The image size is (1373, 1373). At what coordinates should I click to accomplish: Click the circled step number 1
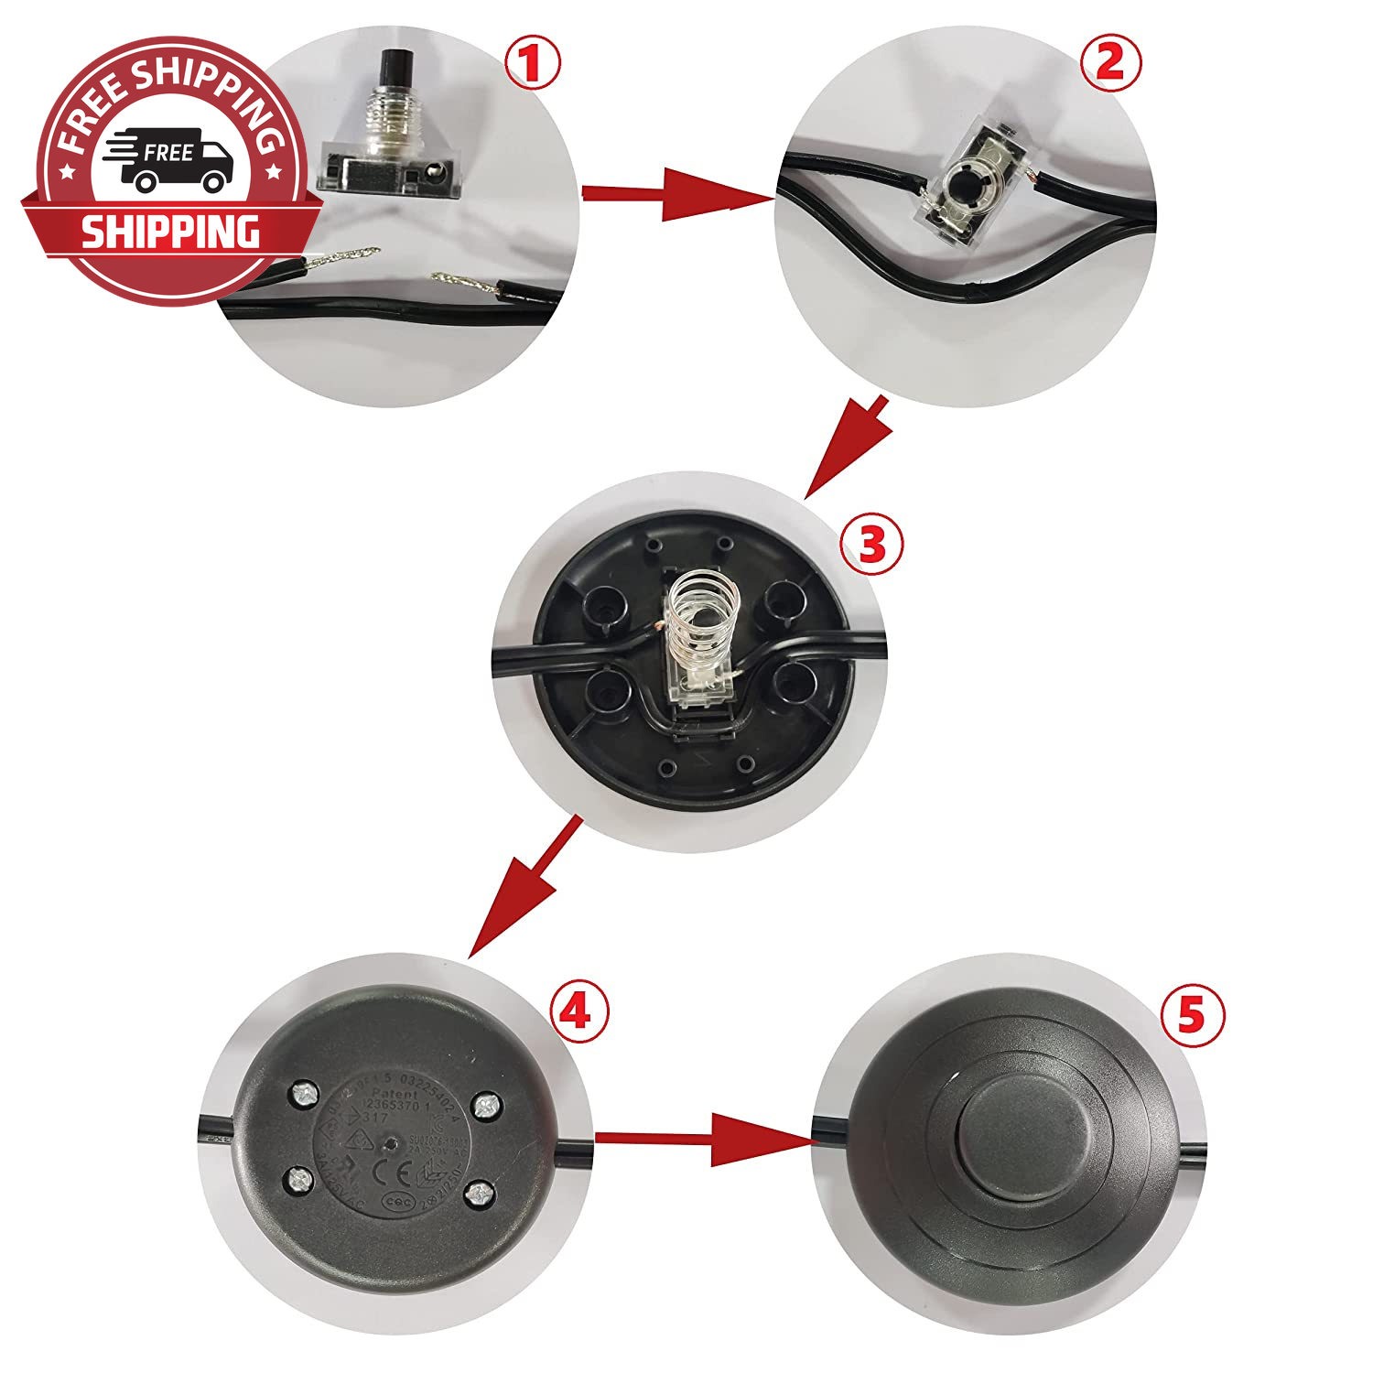tap(533, 64)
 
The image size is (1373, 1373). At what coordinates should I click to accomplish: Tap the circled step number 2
tap(1110, 63)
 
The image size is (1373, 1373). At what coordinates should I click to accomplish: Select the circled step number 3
tap(871, 545)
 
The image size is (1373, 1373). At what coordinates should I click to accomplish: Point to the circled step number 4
tap(578, 1012)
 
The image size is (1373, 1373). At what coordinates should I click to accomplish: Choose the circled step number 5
tap(1191, 1016)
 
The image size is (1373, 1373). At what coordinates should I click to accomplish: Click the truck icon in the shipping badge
tap(169, 159)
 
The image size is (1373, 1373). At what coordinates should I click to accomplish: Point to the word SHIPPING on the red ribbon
tap(170, 232)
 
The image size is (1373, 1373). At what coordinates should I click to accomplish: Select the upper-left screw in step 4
tap(304, 1093)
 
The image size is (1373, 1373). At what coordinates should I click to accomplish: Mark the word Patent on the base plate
tap(395, 1094)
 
